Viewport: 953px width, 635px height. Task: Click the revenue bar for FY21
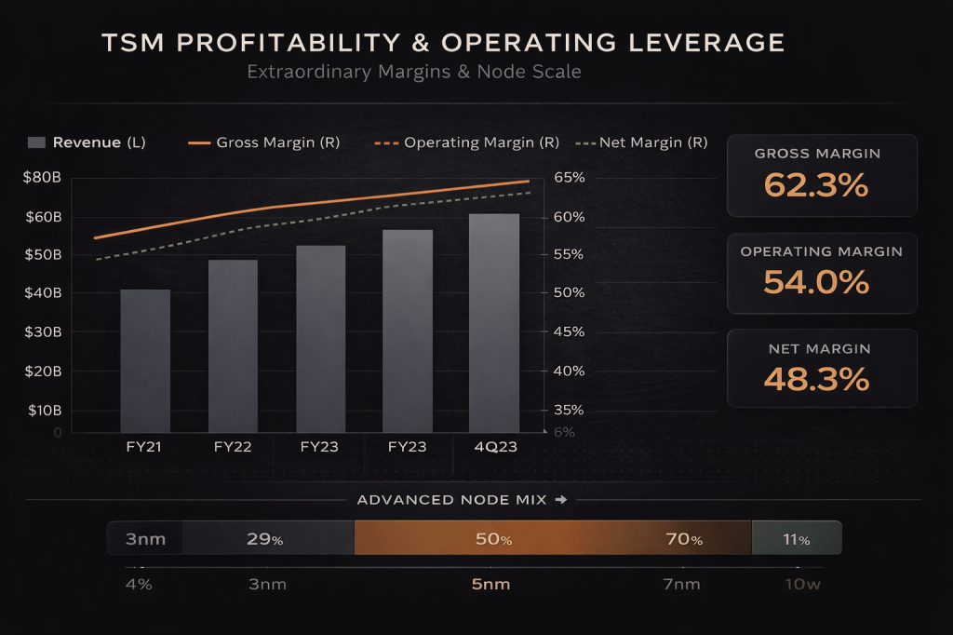click(145, 361)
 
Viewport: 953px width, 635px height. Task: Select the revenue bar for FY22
click(233, 346)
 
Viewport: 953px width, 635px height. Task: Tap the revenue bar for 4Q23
click(494, 323)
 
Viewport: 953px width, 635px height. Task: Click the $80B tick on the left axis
click(43, 178)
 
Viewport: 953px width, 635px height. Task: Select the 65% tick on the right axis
click(569, 178)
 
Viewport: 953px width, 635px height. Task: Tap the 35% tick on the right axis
click(569, 410)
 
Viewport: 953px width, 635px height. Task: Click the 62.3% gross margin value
click(816, 185)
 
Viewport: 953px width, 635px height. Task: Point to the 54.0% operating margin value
click(816, 281)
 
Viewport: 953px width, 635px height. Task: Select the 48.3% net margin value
click(816, 379)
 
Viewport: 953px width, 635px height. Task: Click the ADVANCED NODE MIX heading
click(453, 500)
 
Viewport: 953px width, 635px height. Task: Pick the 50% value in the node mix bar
click(493, 539)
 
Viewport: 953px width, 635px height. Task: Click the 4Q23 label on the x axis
click(494, 447)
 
